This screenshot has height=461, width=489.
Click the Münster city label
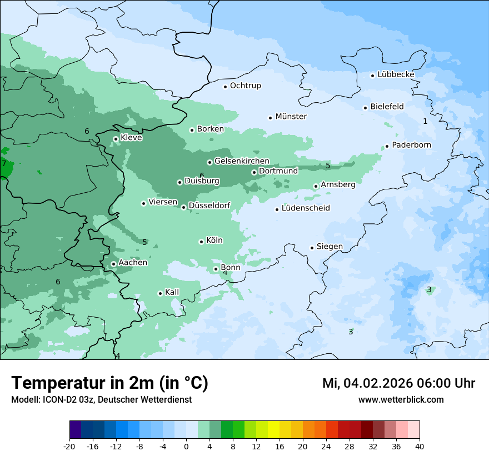point(291,117)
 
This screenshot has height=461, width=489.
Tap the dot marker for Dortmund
point(254,172)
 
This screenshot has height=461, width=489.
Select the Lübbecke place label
point(396,74)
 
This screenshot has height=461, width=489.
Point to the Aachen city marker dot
point(113,264)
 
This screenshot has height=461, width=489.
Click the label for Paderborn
point(411,145)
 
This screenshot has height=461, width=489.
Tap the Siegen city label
point(330,247)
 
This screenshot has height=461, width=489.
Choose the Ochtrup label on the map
point(245,86)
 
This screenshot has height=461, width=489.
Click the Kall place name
point(172,292)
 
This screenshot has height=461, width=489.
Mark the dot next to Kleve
point(116,139)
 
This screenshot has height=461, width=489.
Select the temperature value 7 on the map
point(4,164)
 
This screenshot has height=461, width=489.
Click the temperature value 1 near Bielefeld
point(425,121)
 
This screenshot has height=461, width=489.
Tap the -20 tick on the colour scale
point(69,447)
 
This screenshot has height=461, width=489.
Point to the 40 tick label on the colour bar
point(419,447)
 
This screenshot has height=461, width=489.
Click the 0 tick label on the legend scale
point(186,447)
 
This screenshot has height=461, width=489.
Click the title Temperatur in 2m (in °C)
point(109,383)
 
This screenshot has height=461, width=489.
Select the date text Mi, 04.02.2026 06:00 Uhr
point(398,384)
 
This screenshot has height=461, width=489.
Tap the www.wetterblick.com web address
point(401,399)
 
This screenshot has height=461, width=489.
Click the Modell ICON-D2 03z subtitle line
point(101,399)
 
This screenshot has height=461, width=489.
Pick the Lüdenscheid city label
point(306,208)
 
